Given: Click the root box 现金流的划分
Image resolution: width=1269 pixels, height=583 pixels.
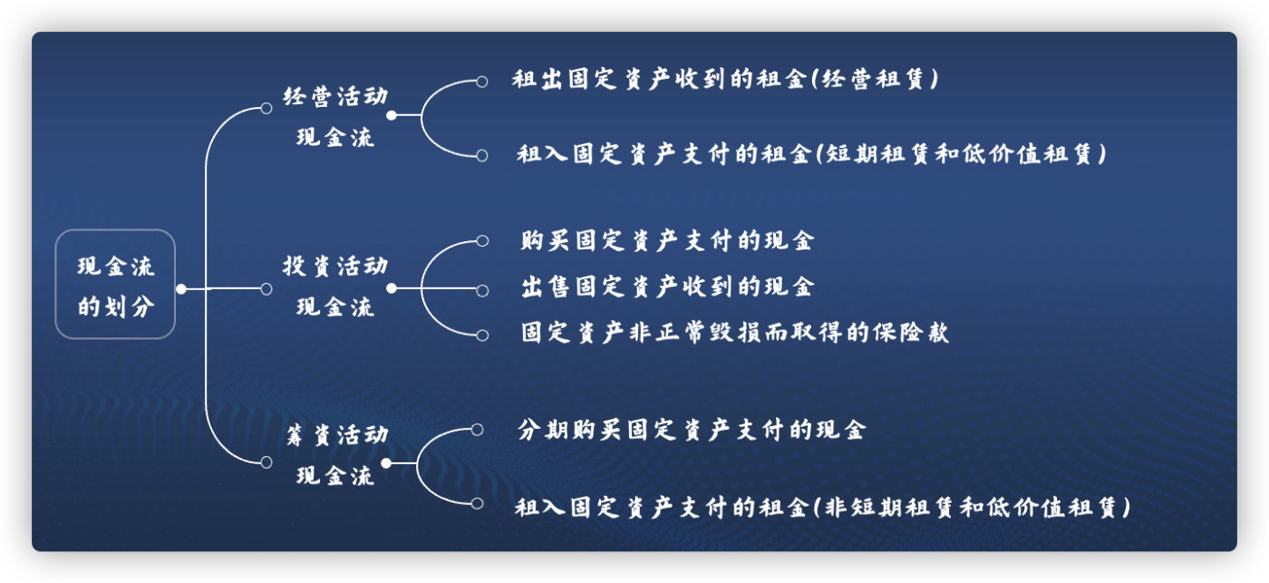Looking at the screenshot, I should (115, 285).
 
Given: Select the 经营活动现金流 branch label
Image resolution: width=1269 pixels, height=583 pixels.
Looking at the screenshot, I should (335, 117).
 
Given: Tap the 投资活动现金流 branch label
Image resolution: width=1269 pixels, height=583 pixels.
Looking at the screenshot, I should (335, 287).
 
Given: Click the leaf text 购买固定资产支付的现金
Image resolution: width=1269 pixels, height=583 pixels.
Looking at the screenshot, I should (667, 241).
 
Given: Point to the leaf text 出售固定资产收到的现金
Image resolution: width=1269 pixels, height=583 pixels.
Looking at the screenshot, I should (667, 287).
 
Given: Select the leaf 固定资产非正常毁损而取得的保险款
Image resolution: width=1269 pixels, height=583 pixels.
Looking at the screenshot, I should (734, 333).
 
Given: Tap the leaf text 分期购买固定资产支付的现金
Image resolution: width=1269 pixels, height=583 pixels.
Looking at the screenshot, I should (691, 429).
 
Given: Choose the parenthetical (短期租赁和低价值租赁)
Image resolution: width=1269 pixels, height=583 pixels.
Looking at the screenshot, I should (961, 154).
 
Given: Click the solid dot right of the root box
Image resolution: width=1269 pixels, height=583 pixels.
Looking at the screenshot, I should (181, 289).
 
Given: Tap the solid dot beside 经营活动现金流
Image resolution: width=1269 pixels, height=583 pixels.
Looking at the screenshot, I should (392, 116).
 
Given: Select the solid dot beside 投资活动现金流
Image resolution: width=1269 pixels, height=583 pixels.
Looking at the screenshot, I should (392, 288).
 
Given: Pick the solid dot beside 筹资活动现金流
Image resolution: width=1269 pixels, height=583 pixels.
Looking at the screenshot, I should (386, 462).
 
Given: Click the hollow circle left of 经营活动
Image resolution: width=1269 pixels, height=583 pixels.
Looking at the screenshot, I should (266, 108).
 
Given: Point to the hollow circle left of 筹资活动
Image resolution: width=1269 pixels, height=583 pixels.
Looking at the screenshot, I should (266, 462).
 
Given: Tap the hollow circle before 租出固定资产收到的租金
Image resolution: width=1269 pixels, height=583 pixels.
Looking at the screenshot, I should (482, 82).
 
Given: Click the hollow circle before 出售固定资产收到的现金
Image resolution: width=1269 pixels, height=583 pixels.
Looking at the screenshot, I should (482, 290).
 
